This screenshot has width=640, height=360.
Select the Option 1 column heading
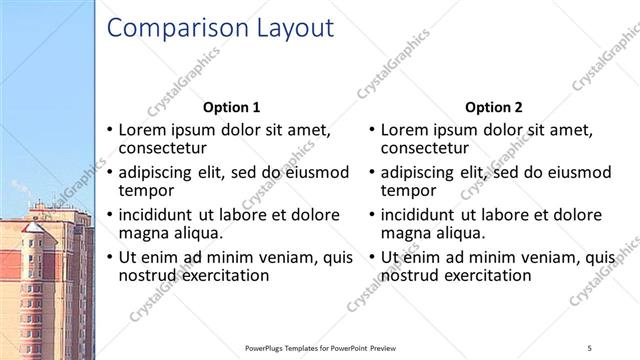pos(231,107)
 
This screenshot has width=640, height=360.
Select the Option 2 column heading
pos(493,107)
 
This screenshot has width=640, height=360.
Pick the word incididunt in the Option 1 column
pos(162,214)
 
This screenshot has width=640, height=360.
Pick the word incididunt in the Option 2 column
pos(424,214)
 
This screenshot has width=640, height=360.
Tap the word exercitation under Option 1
pos(221,274)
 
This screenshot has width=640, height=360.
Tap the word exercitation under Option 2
pos(483,274)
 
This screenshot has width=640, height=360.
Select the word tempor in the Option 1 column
pos(146,190)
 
